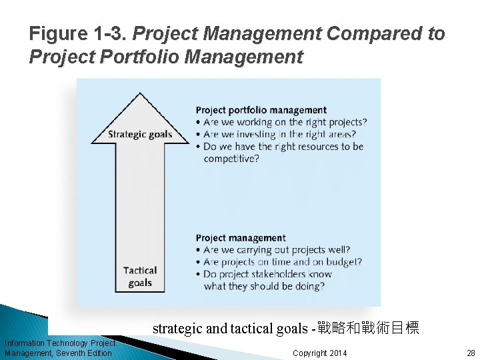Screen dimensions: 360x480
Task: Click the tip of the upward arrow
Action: pyautogui.click(x=141, y=94)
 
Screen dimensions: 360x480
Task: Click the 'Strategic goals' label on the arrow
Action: pyautogui.click(x=140, y=134)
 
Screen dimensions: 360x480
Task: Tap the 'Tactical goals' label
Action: pyautogui.click(x=140, y=277)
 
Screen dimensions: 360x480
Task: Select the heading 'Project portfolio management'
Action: pyautogui.click(x=261, y=110)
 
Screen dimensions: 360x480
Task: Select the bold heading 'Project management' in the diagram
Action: pyautogui.click(x=240, y=238)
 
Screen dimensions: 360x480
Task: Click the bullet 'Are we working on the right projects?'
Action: pyautogui.click(x=285, y=122)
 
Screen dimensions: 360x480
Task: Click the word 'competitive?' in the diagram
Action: pyautogui.click(x=231, y=159)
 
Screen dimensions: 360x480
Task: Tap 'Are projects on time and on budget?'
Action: pyautogui.click(x=282, y=262)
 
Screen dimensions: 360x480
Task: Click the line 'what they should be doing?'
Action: pyautogui.click(x=264, y=287)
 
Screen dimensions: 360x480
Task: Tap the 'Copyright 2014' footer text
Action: pyautogui.click(x=319, y=353)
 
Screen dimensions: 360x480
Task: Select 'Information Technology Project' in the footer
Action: pyautogui.click(x=60, y=343)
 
